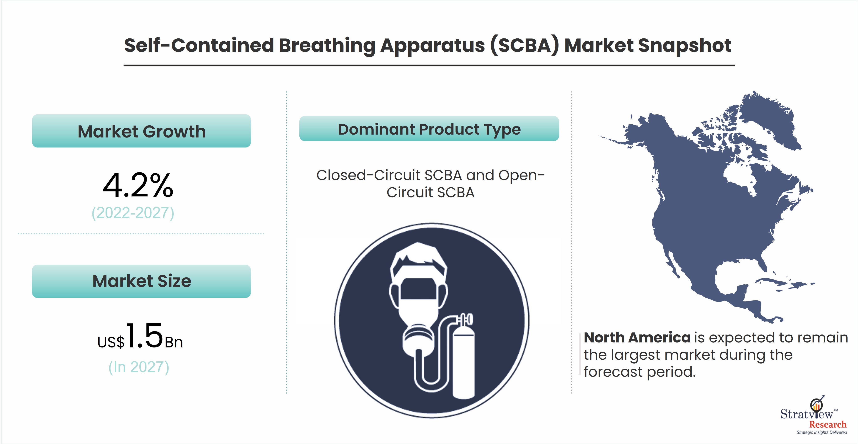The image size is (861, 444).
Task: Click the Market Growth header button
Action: pyautogui.click(x=141, y=131)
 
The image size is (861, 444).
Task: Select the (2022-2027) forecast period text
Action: pyautogui.click(x=133, y=213)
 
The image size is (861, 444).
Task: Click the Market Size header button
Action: pyautogui.click(x=141, y=281)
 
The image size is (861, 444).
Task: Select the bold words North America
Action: pyautogui.click(x=637, y=337)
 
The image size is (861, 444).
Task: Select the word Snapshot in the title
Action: pyautogui.click(x=685, y=45)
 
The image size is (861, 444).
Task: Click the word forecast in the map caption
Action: pyautogui.click(x=613, y=372)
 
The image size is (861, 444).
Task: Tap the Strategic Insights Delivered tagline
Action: pyautogui.click(x=822, y=432)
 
